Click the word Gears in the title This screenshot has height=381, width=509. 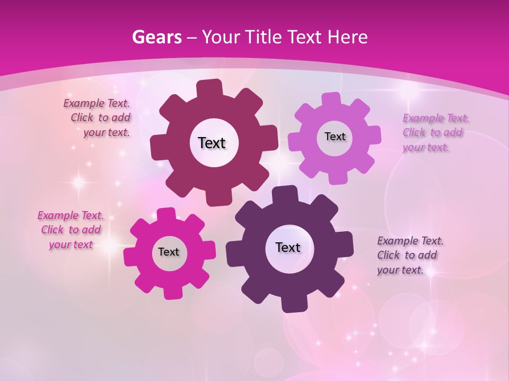click(157, 38)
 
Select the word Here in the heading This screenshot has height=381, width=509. click(348, 38)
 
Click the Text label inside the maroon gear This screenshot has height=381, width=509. click(212, 143)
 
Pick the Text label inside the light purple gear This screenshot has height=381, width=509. click(335, 137)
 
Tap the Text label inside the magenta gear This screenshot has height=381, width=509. click(169, 252)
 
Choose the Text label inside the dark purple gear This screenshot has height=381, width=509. click(288, 247)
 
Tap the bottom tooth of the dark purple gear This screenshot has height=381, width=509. click(293, 303)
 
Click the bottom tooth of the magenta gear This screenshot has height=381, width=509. click(172, 291)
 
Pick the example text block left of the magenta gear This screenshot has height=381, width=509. click(71, 230)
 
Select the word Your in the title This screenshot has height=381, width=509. click(222, 38)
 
